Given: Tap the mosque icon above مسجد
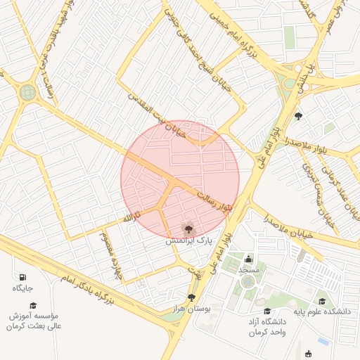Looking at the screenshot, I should coord(250,258).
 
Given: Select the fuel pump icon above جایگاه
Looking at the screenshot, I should coord(23,277).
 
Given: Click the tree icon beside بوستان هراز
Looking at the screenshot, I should coord(192,298).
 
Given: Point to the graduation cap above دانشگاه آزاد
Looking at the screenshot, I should coord(266,311).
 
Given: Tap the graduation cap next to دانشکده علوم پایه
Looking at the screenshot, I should coord(322,302).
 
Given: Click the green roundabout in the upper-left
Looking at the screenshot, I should coord(27,92).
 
